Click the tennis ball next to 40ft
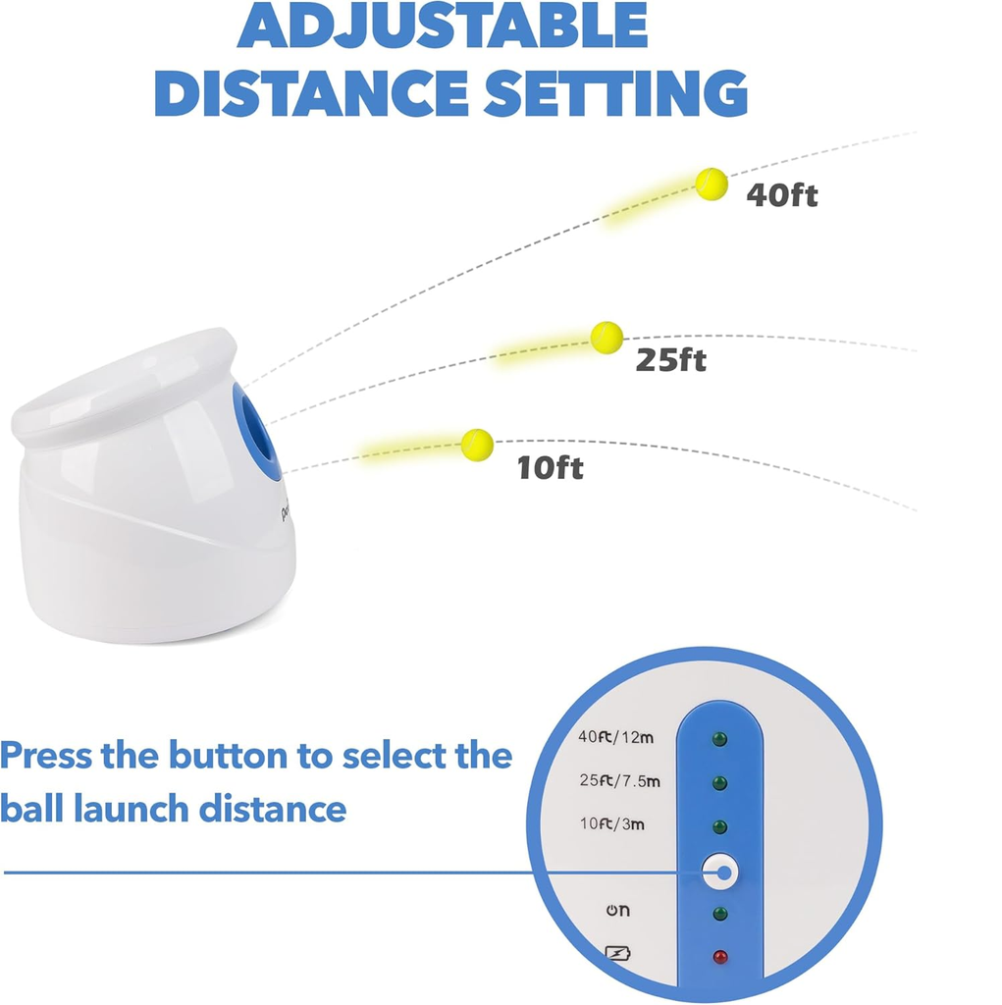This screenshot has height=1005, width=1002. (x=711, y=184)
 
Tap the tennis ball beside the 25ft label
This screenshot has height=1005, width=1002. (x=606, y=338)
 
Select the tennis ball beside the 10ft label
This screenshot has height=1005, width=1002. (x=477, y=445)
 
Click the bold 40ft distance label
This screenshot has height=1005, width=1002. (x=782, y=194)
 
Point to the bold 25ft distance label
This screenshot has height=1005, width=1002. (x=671, y=359)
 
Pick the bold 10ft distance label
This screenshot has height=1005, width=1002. (x=550, y=467)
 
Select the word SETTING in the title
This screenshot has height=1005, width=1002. (x=615, y=93)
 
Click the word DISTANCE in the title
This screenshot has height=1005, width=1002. (x=311, y=93)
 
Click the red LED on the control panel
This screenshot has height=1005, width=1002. (x=720, y=957)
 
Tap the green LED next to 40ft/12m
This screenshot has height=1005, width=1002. (x=720, y=739)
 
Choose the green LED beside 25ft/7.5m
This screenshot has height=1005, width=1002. (x=720, y=782)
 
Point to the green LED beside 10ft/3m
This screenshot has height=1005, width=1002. (x=720, y=826)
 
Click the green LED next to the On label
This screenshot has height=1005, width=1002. (x=720, y=914)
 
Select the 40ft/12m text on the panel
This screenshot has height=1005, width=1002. (x=615, y=737)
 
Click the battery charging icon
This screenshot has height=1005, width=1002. (x=618, y=954)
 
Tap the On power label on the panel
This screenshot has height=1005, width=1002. (x=618, y=910)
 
